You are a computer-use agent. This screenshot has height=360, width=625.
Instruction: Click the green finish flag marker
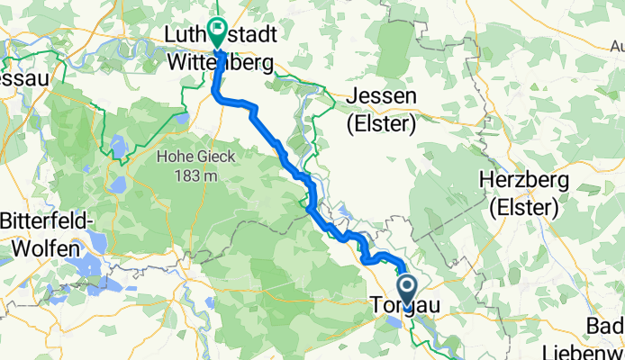217,29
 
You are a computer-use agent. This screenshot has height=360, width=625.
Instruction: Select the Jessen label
382,98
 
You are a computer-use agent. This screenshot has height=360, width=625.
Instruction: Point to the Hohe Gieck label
195,157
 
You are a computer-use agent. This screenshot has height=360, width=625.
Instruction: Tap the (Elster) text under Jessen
382,125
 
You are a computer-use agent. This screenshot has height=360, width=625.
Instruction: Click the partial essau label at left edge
18,76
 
